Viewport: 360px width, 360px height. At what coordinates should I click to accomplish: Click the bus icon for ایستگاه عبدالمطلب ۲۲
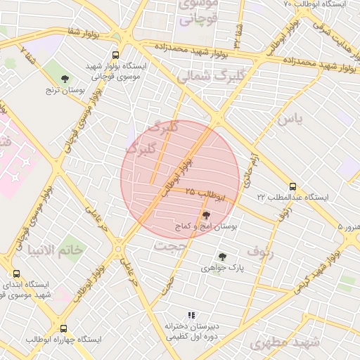[292, 187]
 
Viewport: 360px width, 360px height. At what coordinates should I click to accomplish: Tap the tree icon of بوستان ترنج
[65, 79]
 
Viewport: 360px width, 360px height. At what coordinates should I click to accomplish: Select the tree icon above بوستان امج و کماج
[206, 215]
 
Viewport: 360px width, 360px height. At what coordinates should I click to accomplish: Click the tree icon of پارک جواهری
[222, 257]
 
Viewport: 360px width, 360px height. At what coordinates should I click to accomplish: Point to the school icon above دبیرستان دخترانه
[190, 316]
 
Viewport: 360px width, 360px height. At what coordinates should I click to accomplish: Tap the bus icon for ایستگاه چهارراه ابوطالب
[64, 328]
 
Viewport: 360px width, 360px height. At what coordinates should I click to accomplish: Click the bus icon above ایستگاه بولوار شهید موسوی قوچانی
[115, 55]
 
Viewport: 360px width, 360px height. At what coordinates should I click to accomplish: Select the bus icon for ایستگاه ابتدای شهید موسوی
[16, 274]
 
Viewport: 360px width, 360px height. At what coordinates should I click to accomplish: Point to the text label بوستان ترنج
[64, 90]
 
